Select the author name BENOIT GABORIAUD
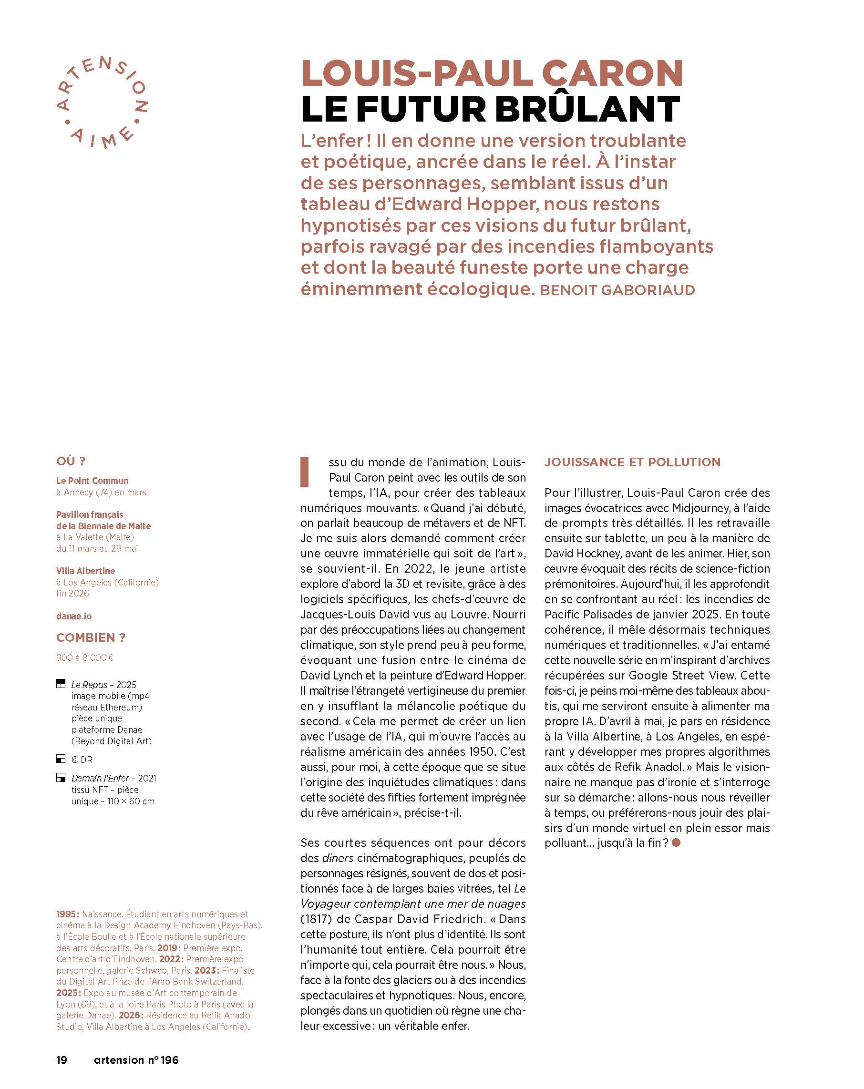point(617,290)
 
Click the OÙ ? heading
point(71,461)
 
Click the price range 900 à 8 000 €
point(85,658)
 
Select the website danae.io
point(74,616)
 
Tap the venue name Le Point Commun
point(93,481)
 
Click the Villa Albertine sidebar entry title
point(85,571)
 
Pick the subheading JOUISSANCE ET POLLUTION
point(632,462)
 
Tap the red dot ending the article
point(677,843)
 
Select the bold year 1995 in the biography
point(67,914)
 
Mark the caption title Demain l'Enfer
point(100,778)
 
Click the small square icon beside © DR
point(61,759)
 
